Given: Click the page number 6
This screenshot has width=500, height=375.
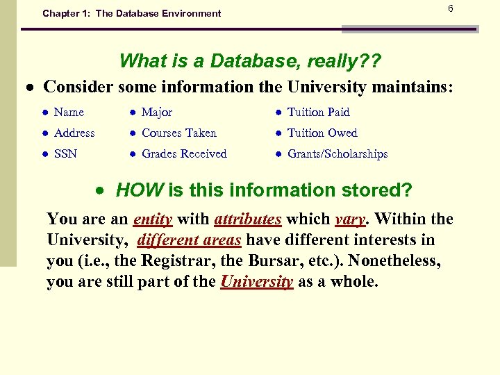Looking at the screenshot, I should [x=450, y=8].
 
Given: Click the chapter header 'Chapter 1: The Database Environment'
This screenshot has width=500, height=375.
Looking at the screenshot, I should [x=131, y=13].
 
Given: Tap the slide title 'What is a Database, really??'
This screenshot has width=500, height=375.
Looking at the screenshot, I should [x=249, y=60].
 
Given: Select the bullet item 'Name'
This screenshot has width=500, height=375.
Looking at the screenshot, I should [x=69, y=112].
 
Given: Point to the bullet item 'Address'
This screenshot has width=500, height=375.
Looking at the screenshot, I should [x=74, y=133].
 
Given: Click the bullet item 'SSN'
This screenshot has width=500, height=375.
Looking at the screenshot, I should [x=65, y=153].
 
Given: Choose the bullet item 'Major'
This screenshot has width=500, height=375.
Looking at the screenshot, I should [x=157, y=112].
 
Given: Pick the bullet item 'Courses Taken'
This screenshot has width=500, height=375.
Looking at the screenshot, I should [x=179, y=133].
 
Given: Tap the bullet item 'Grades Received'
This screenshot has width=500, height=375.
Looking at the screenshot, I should [x=184, y=153].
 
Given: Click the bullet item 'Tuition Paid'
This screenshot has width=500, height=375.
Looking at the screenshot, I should [x=318, y=112].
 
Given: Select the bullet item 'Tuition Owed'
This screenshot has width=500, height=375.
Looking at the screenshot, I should [x=322, y=133].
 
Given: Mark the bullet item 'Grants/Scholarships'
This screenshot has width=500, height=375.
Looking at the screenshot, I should [x=337, y=153].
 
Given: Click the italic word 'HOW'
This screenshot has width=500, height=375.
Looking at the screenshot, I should [x=139, y=190].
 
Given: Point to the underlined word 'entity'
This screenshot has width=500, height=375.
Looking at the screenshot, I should [x=152, y=219].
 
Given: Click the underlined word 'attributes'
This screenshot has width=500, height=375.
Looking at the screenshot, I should [x=248, y=219].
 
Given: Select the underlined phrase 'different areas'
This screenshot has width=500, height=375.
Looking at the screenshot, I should [x=190, y=240].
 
